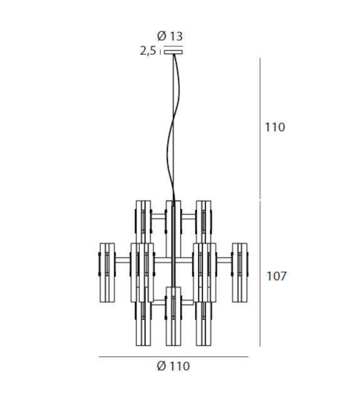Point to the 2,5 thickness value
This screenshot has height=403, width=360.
148,51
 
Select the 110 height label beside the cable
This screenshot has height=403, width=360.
275,127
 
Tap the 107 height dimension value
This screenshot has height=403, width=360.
275,276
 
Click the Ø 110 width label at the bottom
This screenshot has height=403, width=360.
174,367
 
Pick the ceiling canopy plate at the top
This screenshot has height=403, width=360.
173,53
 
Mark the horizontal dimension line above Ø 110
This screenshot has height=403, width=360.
173,356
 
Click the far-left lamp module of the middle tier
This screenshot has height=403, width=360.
109,272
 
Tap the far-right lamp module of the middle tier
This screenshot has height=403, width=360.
241,272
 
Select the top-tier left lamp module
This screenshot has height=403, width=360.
144,221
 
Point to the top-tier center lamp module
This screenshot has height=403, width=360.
174,221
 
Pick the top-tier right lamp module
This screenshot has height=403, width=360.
204,221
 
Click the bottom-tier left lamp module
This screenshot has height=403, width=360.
144,323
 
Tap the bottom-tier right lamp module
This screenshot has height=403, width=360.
204,323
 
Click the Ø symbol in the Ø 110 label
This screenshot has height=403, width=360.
162,367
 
